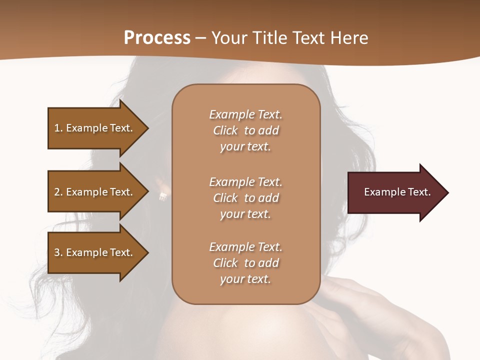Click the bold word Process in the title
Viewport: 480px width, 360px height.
(157, 38)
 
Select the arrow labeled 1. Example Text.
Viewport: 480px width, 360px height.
(95, 128)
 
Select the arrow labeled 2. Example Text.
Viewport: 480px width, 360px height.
(95, 192)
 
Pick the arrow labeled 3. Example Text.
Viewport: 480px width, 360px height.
(95, 252)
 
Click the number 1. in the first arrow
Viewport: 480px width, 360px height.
(58, 128)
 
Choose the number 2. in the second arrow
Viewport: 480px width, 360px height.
(58, 192)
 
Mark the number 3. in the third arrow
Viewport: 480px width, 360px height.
(58, 252)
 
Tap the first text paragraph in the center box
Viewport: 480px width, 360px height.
(245, 130)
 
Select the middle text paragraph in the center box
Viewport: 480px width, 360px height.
(245, 198)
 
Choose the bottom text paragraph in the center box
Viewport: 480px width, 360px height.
(245, 263)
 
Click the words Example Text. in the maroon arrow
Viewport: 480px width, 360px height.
(397, 192)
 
